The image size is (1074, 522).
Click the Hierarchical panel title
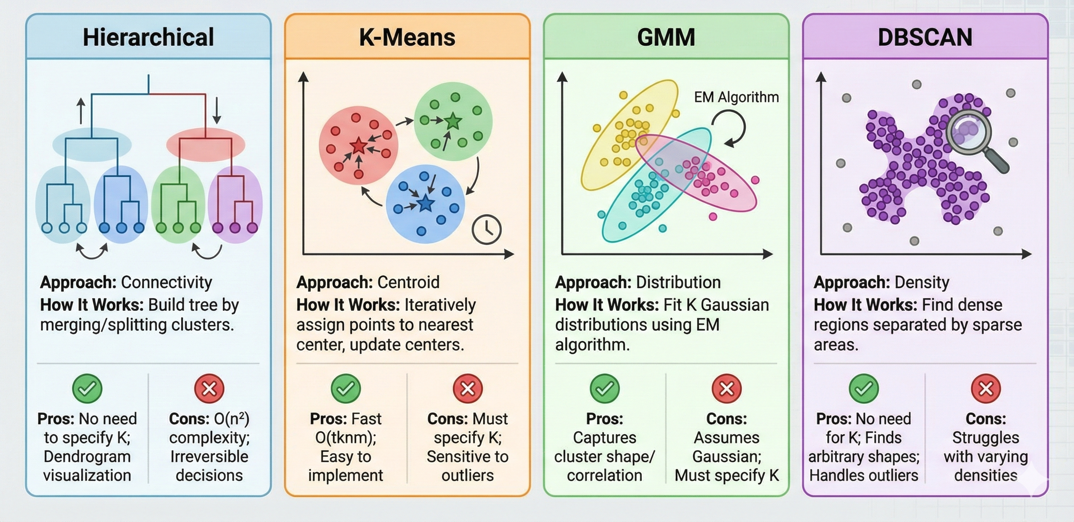point(148,37)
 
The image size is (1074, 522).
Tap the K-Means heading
point(407,37)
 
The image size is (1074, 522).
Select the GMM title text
point(666,37)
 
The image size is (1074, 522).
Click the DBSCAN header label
point(925,37)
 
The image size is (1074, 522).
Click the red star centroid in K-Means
point(359,146)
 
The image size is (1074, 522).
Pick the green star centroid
point(453,121)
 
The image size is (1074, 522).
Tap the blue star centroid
point(426,204)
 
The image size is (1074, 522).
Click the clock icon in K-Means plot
point(487,229)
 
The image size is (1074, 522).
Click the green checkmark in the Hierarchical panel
point(87,389)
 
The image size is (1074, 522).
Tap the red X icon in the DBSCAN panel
point(986,389)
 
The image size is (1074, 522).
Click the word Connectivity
point(166,282)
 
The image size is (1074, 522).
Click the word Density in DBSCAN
point(922,282)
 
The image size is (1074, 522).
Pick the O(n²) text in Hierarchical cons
point(232,419)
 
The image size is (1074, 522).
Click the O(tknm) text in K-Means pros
point(346,437)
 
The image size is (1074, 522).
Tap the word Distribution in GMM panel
point(678,282)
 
